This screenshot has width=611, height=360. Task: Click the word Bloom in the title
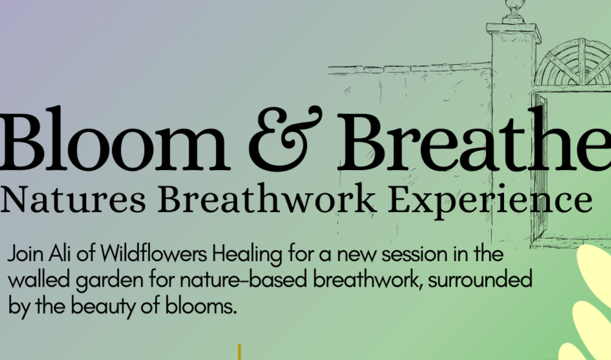tap(114, 138)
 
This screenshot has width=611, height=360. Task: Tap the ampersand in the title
tap(285, 139)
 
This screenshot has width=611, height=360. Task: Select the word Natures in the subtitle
tap(73, 199)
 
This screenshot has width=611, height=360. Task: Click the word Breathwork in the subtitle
tap(266, 198)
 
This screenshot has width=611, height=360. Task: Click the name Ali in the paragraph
tap(59, 254)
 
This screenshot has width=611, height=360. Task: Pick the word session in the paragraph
tap(415, 254)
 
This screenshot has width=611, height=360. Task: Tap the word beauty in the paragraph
tap(103, 307)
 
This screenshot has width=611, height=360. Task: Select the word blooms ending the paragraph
tap(201, 305)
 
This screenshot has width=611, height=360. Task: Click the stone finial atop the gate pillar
tap(514, 11)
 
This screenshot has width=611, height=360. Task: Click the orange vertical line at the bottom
tap(240, 352)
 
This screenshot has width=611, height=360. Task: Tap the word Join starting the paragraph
tap(26, 254)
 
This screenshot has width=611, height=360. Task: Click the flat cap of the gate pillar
tap(514, 31)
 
